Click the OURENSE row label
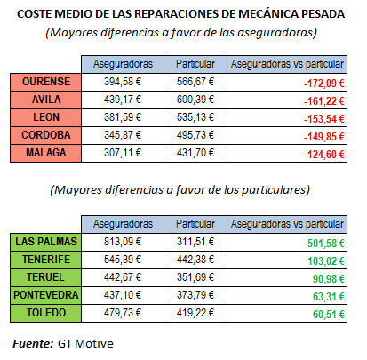point(46,82)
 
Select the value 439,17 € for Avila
point(123,100)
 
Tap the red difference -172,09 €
point(324,84)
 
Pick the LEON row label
point(46,117)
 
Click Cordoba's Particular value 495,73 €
point(195,135)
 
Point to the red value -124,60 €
point(324,155)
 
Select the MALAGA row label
point(46,153)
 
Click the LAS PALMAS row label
point(46,242)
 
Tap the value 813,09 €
point(123,242)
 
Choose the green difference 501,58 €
point(326,244)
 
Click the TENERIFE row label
point(46,260)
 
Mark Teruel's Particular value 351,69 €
point(195,277)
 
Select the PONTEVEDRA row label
point(46,295)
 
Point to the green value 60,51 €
point(329,315)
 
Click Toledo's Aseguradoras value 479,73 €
point(123,313)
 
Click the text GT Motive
point(85,344)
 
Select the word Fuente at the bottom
point(32,344)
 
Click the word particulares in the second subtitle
point(274,190)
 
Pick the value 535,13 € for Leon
point(195,117)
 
